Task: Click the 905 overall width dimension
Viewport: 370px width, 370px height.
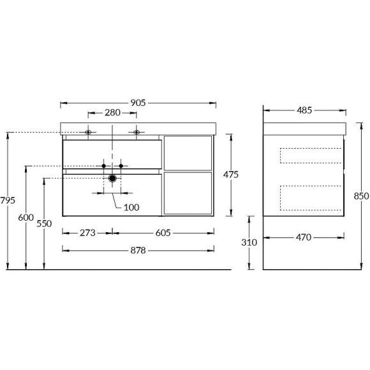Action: [139, 102]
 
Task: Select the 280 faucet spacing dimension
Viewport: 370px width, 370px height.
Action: [112, 114]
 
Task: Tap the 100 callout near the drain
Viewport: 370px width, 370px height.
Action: [131, 207]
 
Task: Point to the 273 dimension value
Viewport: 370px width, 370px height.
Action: [87, 233]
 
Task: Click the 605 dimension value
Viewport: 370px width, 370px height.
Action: [163, 233]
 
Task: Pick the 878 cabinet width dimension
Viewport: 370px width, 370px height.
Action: [138, 250]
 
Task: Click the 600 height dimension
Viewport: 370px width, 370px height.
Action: [26, 218]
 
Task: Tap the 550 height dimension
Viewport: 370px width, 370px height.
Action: [44, 223]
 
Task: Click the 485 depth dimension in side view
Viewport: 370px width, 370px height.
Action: [304, 110]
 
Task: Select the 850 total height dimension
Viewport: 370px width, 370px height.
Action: [361, 196]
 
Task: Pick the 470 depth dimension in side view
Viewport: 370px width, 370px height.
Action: [303, 237]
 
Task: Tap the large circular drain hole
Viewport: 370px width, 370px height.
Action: [113, 179]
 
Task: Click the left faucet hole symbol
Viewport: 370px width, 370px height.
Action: [89, 133]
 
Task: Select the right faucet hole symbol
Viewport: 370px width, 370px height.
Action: [137, 133]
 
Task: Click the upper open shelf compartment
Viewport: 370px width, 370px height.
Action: [188, 153]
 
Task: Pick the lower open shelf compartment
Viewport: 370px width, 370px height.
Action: [188, 193]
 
